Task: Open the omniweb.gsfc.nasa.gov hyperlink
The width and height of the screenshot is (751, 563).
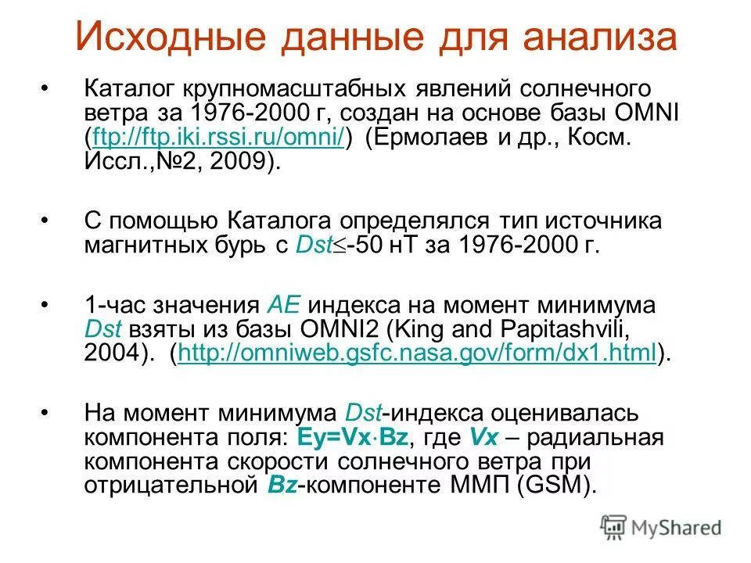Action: (x=417, y=354)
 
